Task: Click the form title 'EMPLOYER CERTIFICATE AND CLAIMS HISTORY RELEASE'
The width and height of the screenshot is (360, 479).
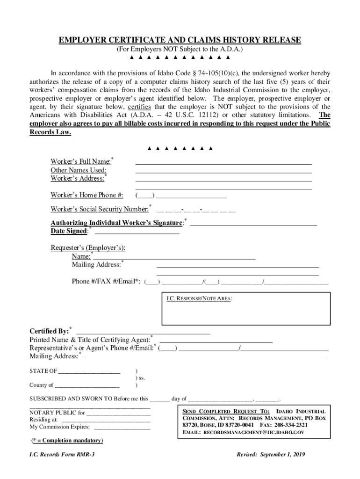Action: point(180,40)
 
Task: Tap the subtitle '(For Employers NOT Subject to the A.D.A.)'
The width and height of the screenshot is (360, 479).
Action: point(180,49)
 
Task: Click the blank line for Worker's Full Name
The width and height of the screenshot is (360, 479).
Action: point(223,164)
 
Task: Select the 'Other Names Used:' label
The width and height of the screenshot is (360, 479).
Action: point(79,170)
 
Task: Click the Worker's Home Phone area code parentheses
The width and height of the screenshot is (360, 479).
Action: point(145,196)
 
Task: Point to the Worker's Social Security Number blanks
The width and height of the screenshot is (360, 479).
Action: point(196,209)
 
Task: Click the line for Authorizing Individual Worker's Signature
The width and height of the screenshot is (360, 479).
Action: point(253,225)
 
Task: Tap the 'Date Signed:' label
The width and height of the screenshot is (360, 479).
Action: point(69,231)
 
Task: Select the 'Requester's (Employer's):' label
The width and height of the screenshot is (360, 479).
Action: point(88,248)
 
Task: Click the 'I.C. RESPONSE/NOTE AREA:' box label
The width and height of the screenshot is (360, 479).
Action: point(200,298)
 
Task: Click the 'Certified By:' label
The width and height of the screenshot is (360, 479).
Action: point(49,331)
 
